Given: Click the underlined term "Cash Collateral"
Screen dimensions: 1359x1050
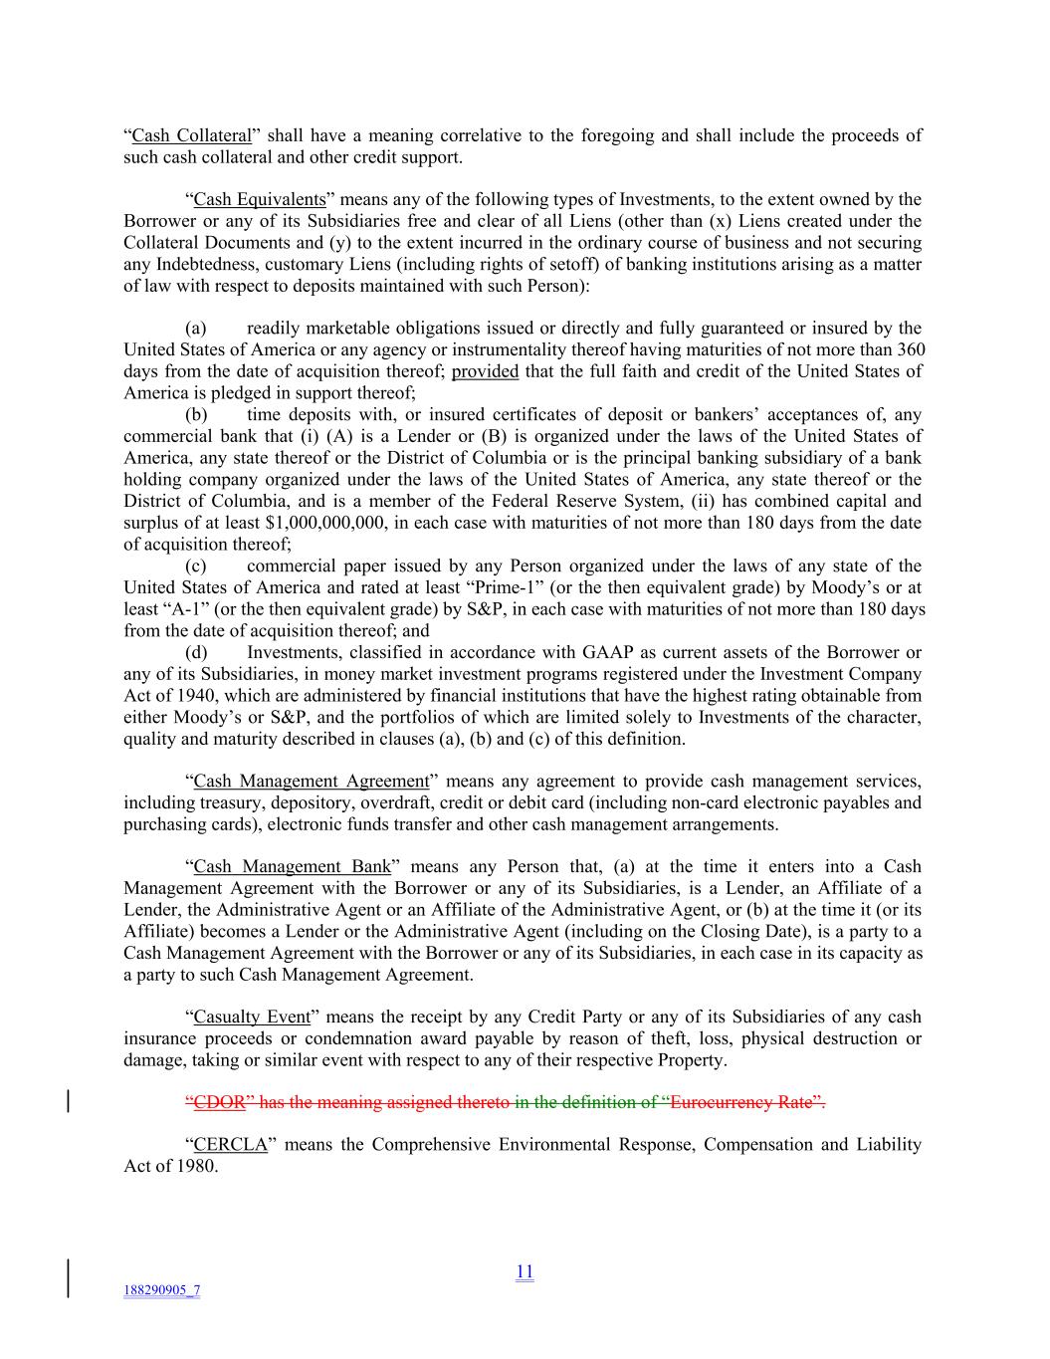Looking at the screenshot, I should pos(191,135).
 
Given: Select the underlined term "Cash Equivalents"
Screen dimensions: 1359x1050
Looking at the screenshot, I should pos(259,199).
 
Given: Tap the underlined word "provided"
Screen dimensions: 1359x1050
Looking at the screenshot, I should pos(485,371).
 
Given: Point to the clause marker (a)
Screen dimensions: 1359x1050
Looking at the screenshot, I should pos(195,329).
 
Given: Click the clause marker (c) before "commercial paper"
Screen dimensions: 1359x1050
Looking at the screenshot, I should pos(195,566).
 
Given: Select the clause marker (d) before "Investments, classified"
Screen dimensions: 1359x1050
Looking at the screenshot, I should pos(195,653).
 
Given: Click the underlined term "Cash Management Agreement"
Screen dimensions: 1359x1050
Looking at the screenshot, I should pos(311,782).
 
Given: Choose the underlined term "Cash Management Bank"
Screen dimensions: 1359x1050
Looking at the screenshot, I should pos(292,867).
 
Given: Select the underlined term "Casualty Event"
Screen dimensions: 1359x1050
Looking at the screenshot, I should pos(252,1018).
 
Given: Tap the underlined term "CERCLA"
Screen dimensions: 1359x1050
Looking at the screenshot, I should pos(230,1145).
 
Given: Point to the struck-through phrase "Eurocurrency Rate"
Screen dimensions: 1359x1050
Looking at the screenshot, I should pos(743,1102).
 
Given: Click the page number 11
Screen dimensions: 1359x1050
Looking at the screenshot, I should pos(525,1271).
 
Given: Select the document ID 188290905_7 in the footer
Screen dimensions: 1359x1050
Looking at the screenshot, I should pos(161,1290).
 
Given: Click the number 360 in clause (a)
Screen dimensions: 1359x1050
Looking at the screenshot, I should pos(911,350).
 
